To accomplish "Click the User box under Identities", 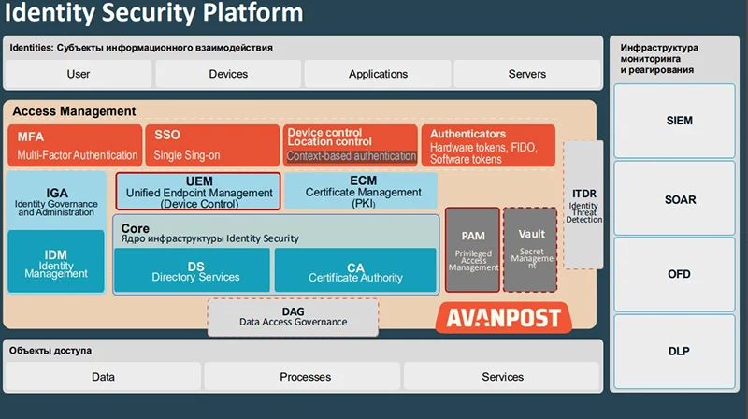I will pos(79,74).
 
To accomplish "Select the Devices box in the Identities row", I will pos(228,74).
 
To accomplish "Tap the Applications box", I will pos(378,74).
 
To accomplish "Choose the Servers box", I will pos(526,74).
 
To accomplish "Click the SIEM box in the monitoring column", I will pos(680,121).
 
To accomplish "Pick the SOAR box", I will pos(680,199).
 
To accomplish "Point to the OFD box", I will pos(680,275).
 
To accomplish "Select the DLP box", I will pos(680,352).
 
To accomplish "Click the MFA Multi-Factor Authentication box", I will pos(75,146).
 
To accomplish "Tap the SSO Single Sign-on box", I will pos(212,146).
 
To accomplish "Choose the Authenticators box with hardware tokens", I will pos(487,146).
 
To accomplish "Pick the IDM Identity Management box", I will pos(56,261).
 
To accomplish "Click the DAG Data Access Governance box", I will pos(293,316).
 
